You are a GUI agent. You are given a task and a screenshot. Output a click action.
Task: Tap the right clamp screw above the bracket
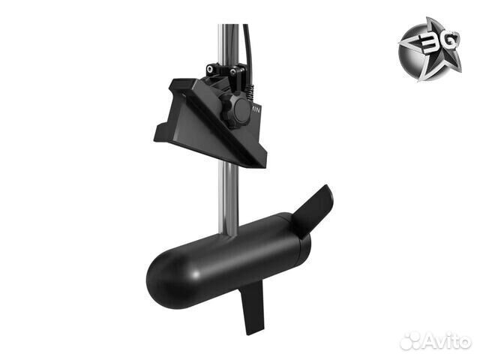pyautogui.click(x=238, y=73)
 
